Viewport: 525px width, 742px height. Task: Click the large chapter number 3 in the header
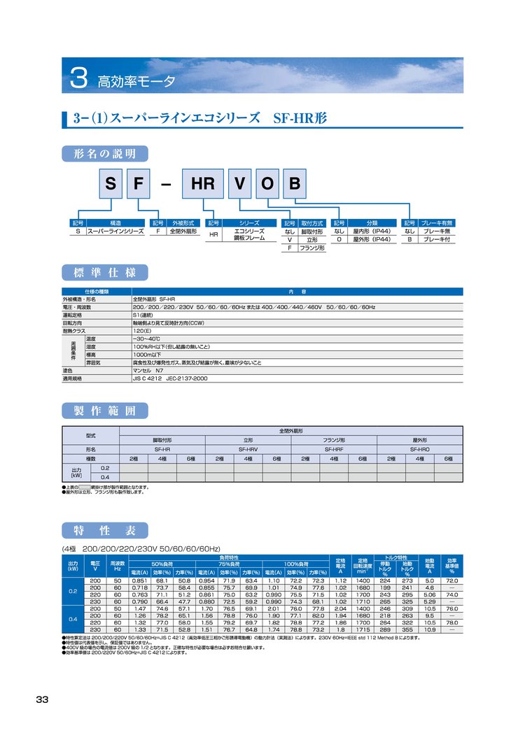(x=78, y=78)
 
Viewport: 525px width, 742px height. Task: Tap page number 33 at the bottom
(x=42, y=700)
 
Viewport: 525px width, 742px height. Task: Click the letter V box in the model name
(x=240, y=185)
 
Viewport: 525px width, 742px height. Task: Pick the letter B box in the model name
(x=294, y=185)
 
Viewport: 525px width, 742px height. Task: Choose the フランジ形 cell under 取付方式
(x=311, y=248)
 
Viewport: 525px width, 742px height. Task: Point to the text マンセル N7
(x=148, y=371)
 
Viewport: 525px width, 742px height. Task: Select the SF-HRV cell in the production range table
(x=249, y=449)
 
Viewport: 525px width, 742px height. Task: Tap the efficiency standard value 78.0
(x=452, y=622)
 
